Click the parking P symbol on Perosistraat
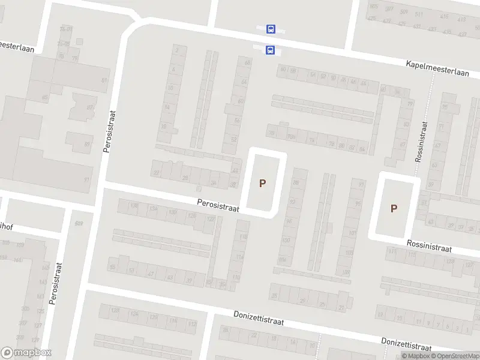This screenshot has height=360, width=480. click(262, 183)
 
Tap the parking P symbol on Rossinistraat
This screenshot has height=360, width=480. click(394, 209)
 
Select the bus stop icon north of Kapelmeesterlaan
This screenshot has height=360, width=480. click(271, 29)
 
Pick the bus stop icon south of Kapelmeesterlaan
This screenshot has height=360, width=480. click(270, 50)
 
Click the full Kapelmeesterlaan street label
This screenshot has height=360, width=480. click(437, 68)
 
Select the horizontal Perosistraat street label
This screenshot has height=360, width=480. click(218, 206)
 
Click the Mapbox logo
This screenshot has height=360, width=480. click(26, 353)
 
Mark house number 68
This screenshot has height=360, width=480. click(247, 62)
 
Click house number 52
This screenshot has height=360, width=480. click(234, 139)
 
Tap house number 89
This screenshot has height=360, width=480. click(87, 144)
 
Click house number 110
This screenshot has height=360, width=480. click(236, 277)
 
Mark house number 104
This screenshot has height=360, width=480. click(283, 260)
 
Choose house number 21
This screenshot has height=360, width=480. click(341, 307)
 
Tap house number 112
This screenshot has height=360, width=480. click(192, 324)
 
